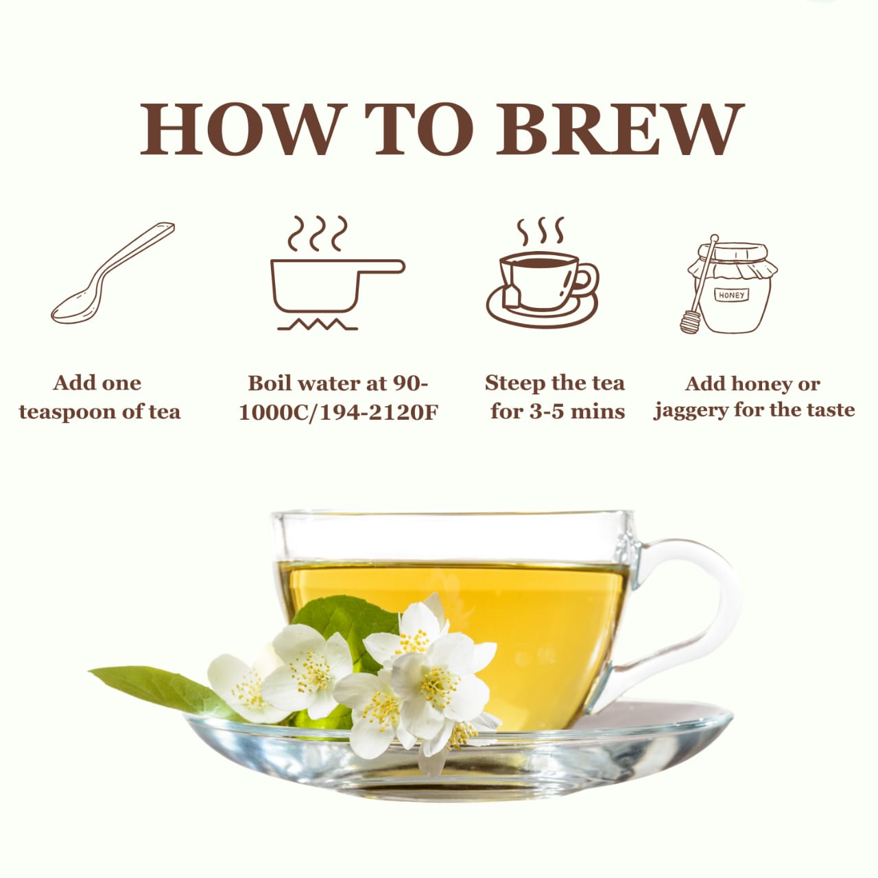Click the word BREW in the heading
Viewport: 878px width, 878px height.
click(x=619, y=129)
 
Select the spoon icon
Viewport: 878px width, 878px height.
click(x=112, y=273)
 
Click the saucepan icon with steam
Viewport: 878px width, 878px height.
click(x=337, y=272)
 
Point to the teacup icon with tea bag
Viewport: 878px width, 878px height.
click(x=542, y=272)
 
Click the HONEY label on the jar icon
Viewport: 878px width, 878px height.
click(x=732, y=295)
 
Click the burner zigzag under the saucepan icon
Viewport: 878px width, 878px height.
click(x=318, y=324)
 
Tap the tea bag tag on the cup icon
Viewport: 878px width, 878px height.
click(x=511, y=298)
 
